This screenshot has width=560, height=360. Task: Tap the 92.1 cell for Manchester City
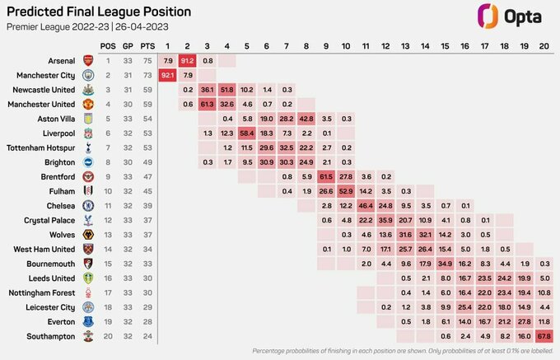(167, 75)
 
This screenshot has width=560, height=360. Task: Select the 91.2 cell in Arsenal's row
(187, 60)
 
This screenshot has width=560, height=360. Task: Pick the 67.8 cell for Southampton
(543, 336)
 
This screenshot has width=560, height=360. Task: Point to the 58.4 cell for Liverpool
(246, 133)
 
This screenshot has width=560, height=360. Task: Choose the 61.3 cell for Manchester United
(207, 104)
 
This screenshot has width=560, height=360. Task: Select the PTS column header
(147, 45)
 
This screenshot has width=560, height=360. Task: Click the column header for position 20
(543, 45)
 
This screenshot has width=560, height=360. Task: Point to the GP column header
(128, 45)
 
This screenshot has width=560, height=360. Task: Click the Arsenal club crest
(88, 60)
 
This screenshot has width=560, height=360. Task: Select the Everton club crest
(88, 321)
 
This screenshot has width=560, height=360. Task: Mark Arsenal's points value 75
(147, 60)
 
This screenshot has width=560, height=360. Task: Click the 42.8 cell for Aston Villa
(306, 119)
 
